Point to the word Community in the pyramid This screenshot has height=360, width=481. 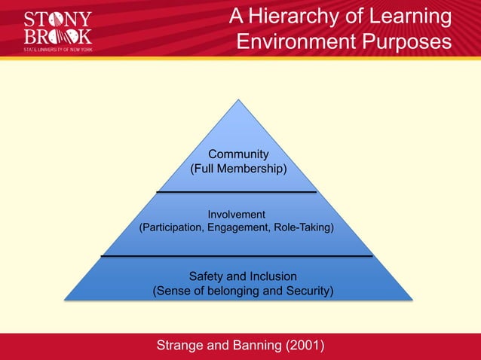tap(238, 154)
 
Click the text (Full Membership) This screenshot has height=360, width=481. tap(238, 169)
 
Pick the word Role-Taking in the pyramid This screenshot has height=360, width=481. tap(305, 227)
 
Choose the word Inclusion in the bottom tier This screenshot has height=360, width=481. tap(270, 276)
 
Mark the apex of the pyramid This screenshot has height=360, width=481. tap(239, 100)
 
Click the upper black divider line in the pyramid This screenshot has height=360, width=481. tap(236, 192)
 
